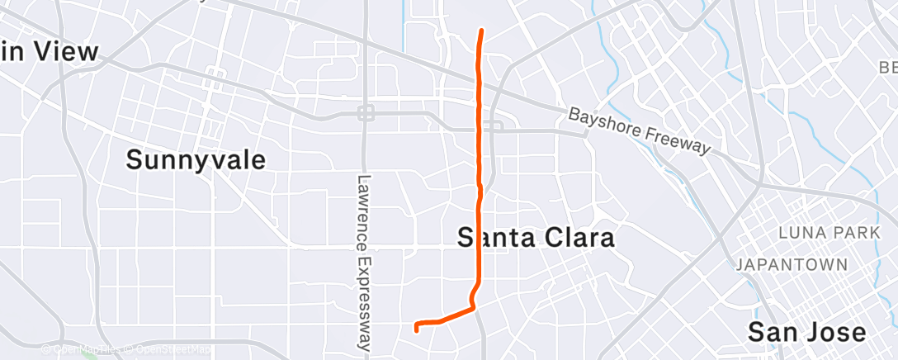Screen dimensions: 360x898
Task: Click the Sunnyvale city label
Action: point(196,159)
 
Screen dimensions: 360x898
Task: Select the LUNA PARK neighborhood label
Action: point(829,234)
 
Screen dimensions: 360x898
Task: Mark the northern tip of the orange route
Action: point(481,31)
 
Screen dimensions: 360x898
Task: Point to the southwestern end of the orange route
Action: point(416,329)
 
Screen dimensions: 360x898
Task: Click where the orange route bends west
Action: point(474,308)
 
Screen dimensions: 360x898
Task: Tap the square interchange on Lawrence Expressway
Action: point(366,112)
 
